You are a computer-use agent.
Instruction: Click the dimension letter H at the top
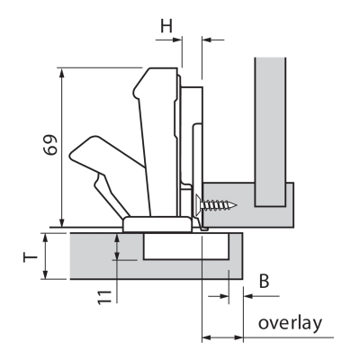pyautogui.click(x=166, y=26)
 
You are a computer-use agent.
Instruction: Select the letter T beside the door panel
pyautogui.click(x=31, y=257)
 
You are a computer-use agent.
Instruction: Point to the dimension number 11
pyautogui.click(x=104, y=297)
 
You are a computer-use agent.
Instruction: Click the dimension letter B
pyautogui.click(x=264, y=281)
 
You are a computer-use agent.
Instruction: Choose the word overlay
pyautogui.click(x=290, y=323)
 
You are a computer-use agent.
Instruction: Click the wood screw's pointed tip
pyautogui.click(x=236, y=205)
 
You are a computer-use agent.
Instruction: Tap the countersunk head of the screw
pyautogui.click(x=199, y=205)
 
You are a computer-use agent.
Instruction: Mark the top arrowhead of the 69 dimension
pyautogui.click(x=62, y=72)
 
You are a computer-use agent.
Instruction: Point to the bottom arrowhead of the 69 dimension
pyautogui.click(x=62, y=222)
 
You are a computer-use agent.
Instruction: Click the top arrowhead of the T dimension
pyautogui.click(x=45, y=238)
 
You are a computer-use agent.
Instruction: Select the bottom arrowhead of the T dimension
pyautogui.click(x=45, y=274)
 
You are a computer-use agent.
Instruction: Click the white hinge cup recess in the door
pyautogui.click(x=186, y=246)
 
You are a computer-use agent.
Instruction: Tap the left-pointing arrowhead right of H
pyautogui.click(x=207, y=40)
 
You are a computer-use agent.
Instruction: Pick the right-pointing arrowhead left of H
pyautogui.click(x=177, y=40)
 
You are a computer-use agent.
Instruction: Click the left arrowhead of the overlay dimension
pyautogui.click(x=207, y=337)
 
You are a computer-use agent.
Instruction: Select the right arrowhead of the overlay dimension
pyautogui.click(x=238, y=337)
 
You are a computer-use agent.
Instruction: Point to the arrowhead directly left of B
pyautogui.click(x=224, y=296)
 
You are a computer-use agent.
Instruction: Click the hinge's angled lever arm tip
pyautogui.click(x=73, y=155)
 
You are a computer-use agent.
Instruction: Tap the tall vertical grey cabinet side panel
pyautogui.click(x=270, y=132)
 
